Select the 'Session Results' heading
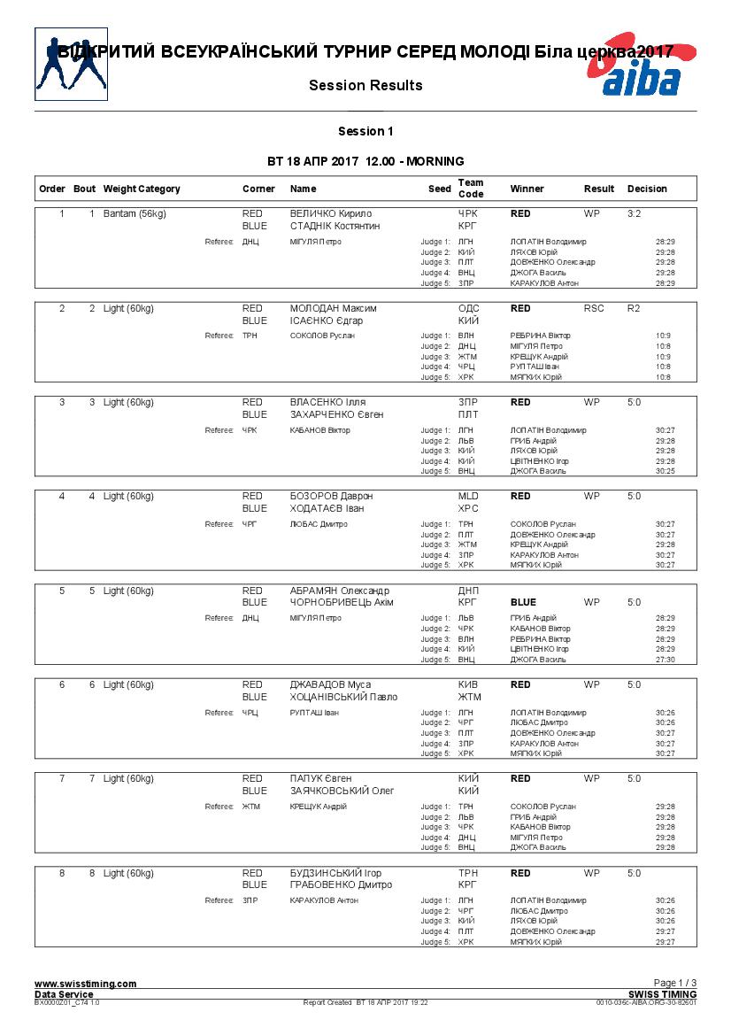(x=365, y=86)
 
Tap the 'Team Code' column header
(x=471, y=189)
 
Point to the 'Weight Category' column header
(x=142, y=189)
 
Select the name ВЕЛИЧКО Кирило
(x=331, y=214)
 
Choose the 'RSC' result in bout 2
(x=594, y=308)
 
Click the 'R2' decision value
(x=633, y=308)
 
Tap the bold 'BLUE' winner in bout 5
(x=523, y=603)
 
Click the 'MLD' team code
(x=468, y=497)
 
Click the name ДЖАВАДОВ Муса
(x=330, y=685)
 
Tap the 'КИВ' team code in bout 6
(x=468, y=685)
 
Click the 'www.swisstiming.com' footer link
(x=85, y=984)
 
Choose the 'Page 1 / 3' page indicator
(x=675, y=983)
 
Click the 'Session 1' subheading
(x=365, y=132)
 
